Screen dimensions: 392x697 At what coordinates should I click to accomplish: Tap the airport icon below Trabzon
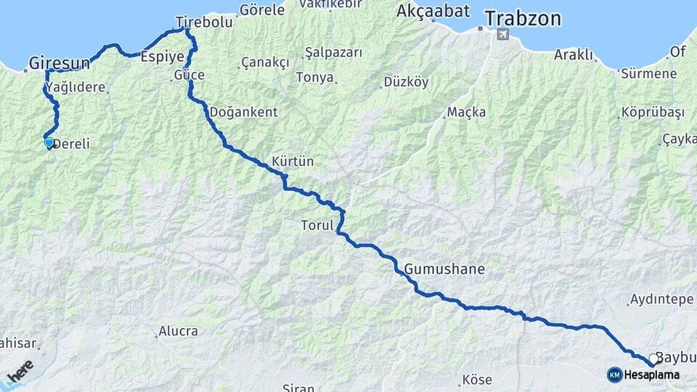coord(502,34)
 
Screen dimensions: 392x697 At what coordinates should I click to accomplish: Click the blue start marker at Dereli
coord(49,143)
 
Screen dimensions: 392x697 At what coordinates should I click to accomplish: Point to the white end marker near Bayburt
coord(653,359)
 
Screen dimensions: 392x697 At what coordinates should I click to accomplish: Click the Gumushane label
coord(444,269)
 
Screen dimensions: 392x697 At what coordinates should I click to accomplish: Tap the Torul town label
coord(317,226)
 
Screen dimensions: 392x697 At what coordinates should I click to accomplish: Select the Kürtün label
coord(293,161)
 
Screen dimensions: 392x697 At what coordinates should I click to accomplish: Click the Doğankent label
coord(243,113)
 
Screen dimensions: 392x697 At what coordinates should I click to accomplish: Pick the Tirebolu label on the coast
coord(205,23)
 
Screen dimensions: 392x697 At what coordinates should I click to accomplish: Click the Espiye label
coord(163,56)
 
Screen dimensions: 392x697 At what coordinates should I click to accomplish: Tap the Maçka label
coord(466,113)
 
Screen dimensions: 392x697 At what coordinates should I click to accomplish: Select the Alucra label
coord(178,331)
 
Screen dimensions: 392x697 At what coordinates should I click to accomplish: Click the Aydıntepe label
coord(661,299)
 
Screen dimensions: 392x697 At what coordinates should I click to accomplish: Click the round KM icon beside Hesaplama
coord(614,375)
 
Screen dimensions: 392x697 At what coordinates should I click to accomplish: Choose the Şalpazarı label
coord(334,52)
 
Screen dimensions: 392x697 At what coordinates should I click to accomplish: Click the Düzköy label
coord(407,82)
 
